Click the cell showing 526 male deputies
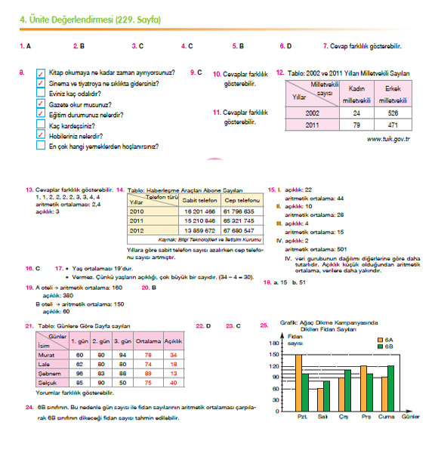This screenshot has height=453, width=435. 392,113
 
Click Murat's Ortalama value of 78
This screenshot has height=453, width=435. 149,354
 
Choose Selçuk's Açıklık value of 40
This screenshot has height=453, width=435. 174,383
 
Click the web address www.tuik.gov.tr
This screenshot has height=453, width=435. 387,140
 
